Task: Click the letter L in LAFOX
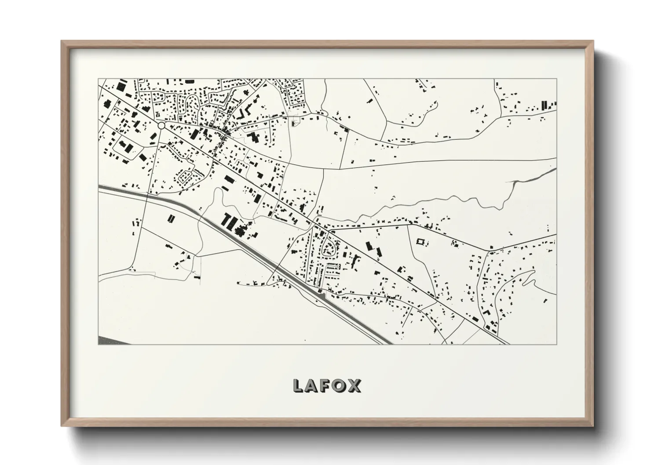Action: tap(299, 386)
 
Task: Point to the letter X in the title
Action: tap(355, 386)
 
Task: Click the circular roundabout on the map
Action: tap(161, 126)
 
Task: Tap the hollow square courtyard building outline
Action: tap(421, 242)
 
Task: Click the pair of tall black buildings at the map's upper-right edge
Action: tap(545, 105)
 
